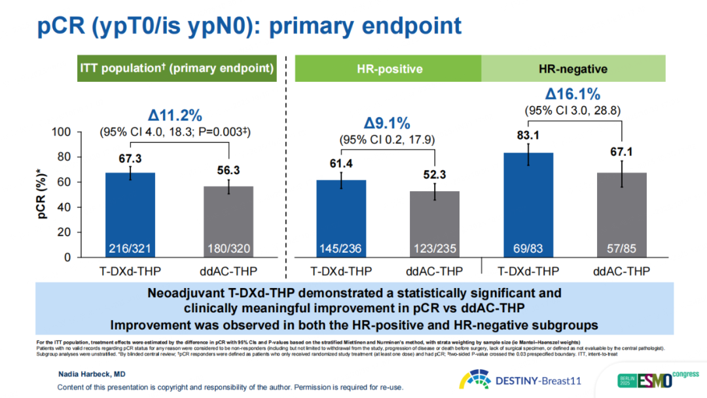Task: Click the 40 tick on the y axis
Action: [x=63, y=208]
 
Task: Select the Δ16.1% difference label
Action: [x=572, y=94]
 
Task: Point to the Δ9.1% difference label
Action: [x=387, y=123]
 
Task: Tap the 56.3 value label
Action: [x=228, y=170]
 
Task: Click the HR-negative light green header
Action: [x=573, y=69]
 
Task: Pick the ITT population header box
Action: [x=176, y=68]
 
